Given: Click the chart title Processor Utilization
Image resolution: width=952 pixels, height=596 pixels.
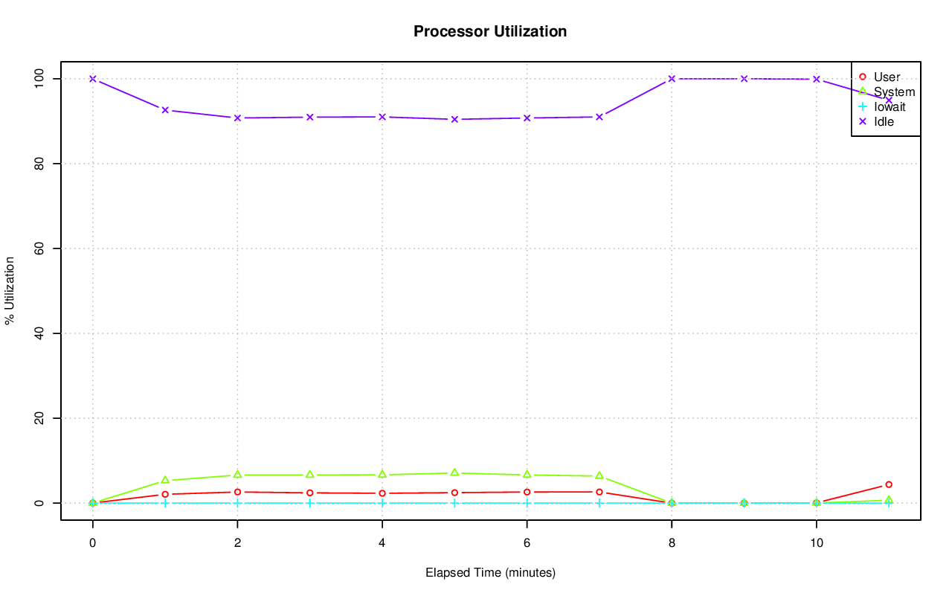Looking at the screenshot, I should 490,31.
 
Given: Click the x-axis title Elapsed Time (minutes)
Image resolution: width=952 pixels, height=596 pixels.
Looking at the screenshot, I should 490,573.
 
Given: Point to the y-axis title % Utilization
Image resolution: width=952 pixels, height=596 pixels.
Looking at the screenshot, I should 10,290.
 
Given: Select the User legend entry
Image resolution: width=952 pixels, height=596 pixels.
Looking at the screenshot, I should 887,77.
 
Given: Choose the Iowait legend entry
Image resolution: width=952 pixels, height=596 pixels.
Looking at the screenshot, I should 890,106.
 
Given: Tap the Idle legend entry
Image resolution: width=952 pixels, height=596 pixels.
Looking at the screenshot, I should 884,121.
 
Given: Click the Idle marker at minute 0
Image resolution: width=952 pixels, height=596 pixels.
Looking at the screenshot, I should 93,79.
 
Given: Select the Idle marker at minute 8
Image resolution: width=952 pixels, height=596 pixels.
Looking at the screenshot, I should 672,79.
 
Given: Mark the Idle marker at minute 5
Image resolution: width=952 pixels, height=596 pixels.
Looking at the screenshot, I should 454,119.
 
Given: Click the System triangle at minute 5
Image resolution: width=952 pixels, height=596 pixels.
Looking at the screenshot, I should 454,472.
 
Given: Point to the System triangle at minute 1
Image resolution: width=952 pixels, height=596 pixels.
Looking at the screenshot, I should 165,480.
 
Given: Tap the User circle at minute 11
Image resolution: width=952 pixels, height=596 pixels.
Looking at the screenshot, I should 889,484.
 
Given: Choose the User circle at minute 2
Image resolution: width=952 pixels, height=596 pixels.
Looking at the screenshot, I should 237,492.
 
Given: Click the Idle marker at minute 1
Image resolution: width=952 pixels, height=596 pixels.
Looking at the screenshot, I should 165,110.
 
